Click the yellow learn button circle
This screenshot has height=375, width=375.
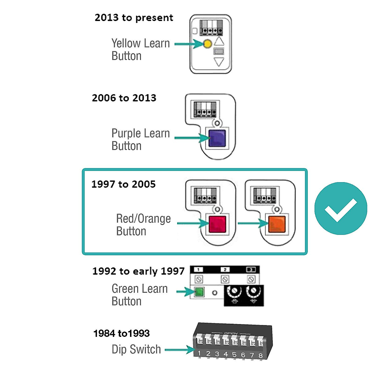[x=207, y=44]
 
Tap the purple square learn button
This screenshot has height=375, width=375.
[x=217, y=138]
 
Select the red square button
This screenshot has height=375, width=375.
[x=217, y=224]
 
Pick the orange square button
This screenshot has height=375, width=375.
[x=277, y=224]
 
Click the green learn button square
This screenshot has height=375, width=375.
[x=199, y=292]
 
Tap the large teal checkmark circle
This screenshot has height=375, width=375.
[x=341, y=208]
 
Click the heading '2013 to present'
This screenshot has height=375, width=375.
[x=134, y=18]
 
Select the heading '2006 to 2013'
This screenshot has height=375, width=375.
[x=124, y=98]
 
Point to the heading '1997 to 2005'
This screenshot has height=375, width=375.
[x=123, y=184]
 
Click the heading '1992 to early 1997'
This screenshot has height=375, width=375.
[x=138, y=271]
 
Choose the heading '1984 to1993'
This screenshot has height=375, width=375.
[x=122, y=333]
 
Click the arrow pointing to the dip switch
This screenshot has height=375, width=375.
[x=180, y=350]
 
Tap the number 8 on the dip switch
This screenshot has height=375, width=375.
[x=260, y=356]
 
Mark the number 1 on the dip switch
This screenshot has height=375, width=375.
[x=199, y=353]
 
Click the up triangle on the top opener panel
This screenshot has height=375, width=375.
[x=219, y=41]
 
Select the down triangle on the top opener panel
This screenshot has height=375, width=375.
[x=219, y=62]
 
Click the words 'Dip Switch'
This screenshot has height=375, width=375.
[x=136, y=349]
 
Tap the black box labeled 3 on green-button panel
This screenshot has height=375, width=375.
[x=251, y=270]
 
